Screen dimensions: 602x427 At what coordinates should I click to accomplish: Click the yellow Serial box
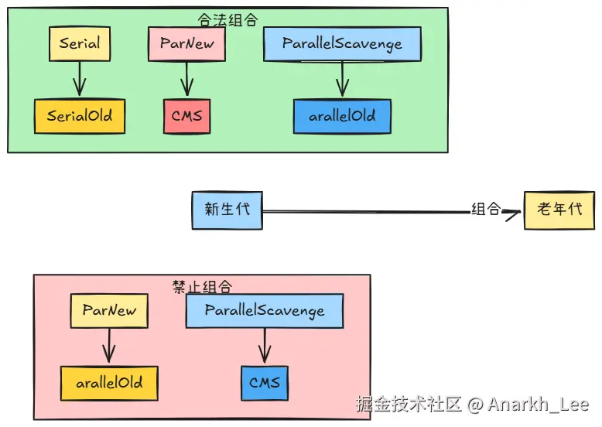(80, 44)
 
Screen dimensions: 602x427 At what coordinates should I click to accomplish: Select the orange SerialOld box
(80, 116)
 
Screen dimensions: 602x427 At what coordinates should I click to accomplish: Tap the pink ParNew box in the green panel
(186, 44)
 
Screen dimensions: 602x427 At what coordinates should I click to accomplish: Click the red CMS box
(187, 116)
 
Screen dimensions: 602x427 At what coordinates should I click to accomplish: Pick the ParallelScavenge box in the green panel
(342, 44)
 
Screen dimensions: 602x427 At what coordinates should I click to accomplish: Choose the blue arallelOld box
(343, 116)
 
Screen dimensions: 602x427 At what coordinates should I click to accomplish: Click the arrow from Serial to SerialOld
(80, 79)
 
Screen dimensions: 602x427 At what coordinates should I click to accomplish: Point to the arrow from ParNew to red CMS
(187, 79)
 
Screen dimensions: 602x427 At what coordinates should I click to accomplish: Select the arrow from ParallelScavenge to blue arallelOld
(343, 79)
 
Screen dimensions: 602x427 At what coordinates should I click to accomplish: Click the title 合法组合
(227, 19)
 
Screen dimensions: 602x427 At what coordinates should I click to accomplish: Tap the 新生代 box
(227, 210)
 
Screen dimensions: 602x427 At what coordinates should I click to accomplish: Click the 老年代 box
(559, 210)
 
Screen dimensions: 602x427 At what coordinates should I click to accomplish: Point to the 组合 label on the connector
(486, 209)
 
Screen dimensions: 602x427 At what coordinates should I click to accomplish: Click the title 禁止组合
(202, 286)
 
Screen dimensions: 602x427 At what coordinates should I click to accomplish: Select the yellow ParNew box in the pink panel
(109, 311)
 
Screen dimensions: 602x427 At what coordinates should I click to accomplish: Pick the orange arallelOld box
(109, 383)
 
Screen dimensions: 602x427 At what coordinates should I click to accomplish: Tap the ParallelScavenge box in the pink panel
(265, 311)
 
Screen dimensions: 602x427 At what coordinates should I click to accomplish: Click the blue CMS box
(265, 383)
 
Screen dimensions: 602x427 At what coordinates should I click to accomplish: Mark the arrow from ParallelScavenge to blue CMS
(265, 346)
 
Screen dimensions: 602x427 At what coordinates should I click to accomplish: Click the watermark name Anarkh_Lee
(539, 405)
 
